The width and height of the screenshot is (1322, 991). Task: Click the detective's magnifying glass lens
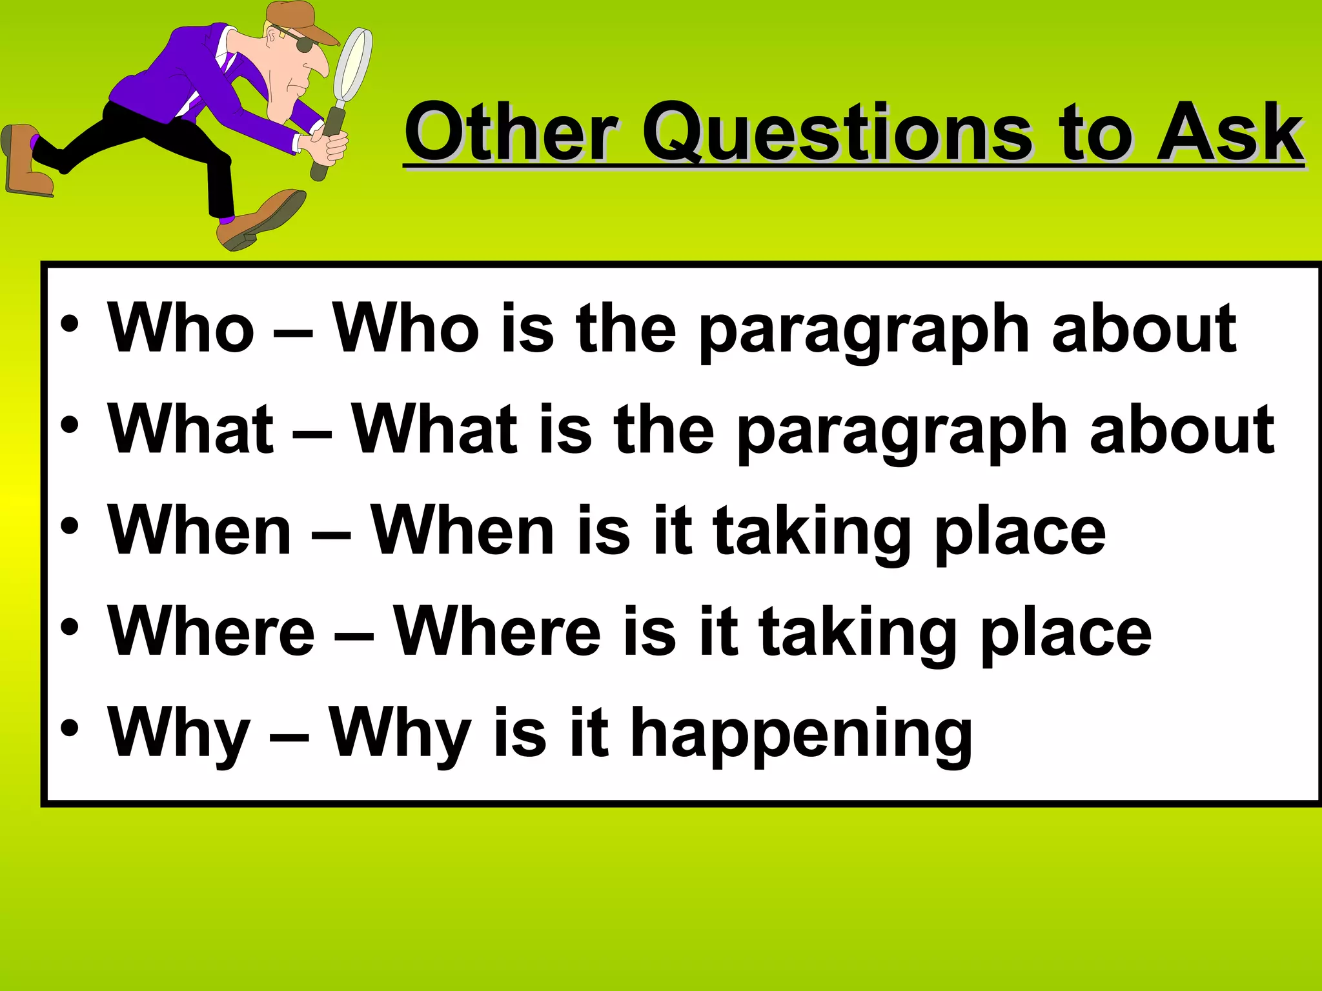coord(352,65)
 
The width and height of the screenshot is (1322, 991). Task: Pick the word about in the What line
coord(1181,430)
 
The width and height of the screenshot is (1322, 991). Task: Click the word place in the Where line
coord(1065,635)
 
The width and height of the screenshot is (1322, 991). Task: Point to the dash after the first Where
coord(354,636)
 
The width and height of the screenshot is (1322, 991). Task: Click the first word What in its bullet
coord(191,430)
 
